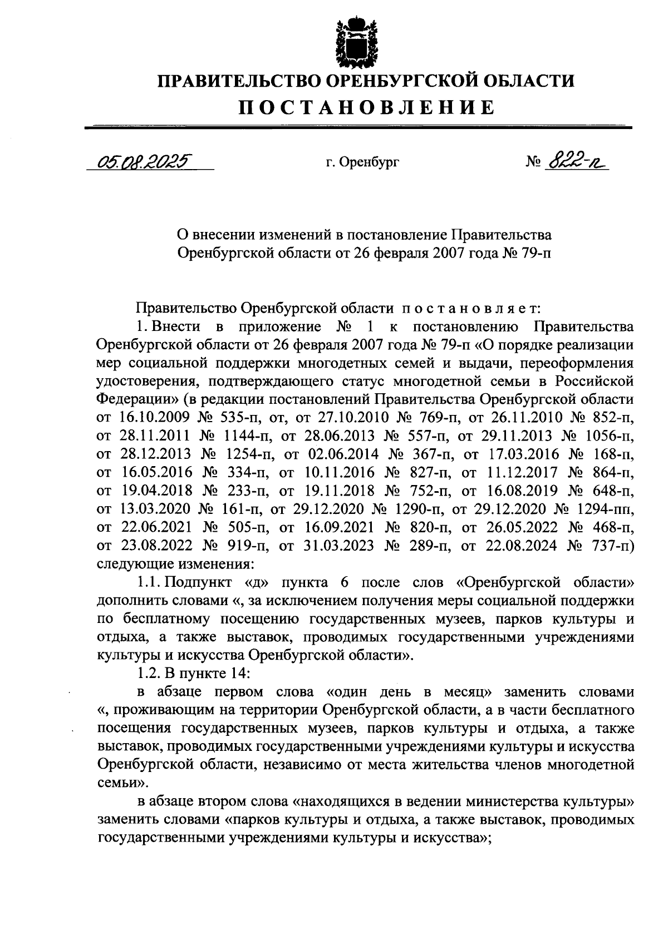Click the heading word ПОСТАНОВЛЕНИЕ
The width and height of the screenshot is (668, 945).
[366, 107]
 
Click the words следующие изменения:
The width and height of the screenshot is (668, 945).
[175, 564]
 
